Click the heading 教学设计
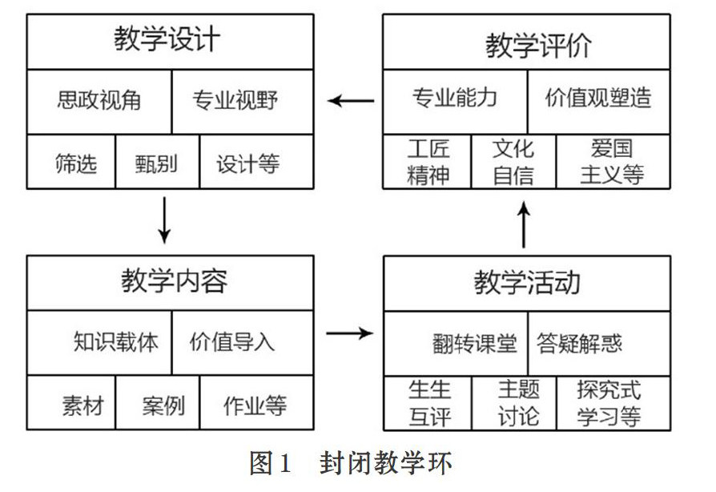coord(167,38)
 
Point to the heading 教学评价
coord(538,46)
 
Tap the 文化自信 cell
coord(513,162)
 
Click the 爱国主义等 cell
coord(613,161)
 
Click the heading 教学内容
coord(174,280)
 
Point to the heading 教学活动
coord(527,282)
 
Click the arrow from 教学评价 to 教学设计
coord(351,100)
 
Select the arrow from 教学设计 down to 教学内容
coord(164,220)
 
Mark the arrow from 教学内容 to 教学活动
coord(349,333)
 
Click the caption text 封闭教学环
coord(386,463)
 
